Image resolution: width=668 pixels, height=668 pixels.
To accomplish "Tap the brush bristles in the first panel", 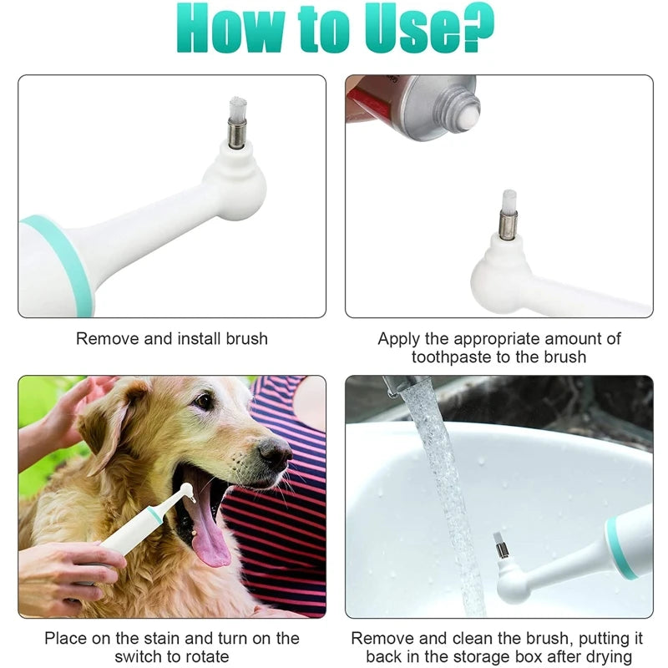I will (238, 109).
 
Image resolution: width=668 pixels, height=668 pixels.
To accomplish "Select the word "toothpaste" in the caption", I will (451, 357).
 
